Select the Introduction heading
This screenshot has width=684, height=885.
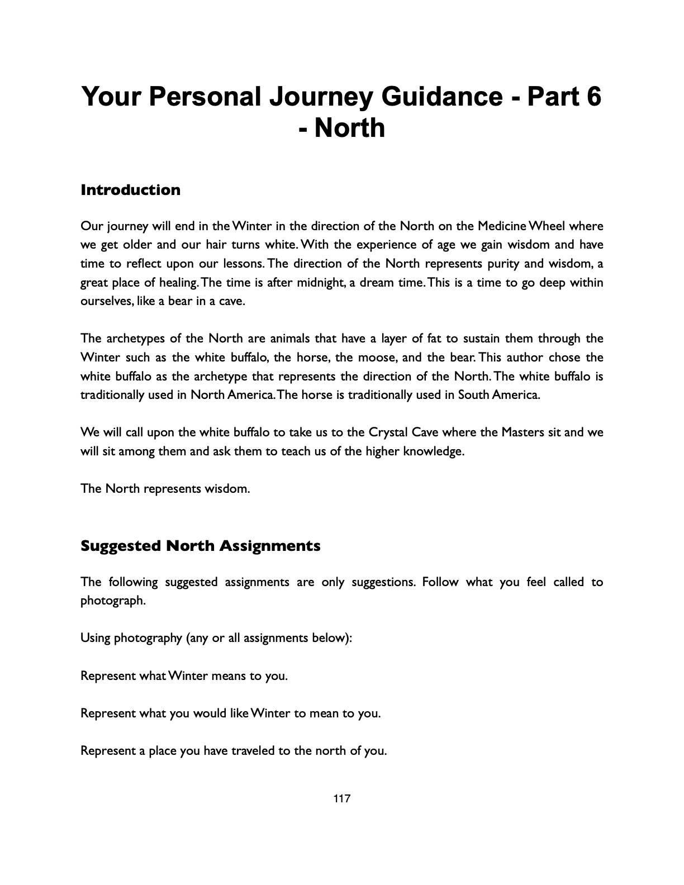click(130, 190)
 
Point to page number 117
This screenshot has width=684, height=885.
click(341, 799)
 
